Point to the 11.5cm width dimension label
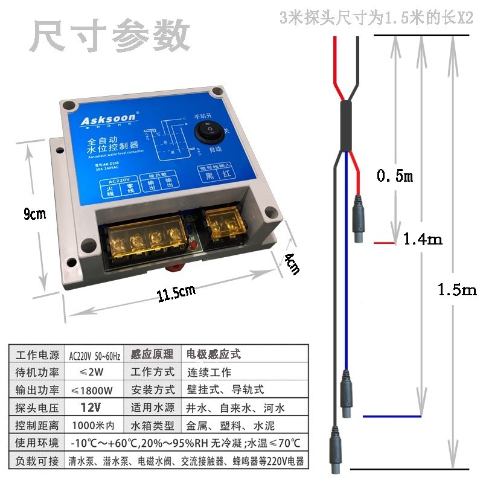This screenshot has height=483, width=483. tap(176, 293)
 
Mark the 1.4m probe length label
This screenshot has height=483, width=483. tap(423, 239)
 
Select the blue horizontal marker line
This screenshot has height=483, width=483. tap(391, 416)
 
